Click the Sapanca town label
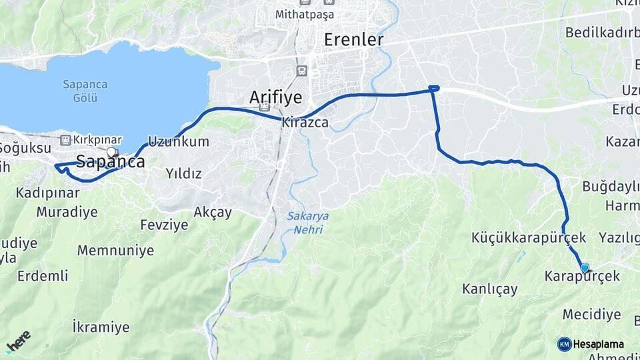coord(110,161)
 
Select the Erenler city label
coord(353,40)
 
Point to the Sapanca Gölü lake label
coord(81,91)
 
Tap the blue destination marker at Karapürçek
coord(585,268)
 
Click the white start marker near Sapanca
coord(111,152)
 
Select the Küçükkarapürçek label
coord(529,237)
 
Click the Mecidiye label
coord(591,314)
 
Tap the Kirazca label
coord(306,123)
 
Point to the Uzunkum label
coord(178,141)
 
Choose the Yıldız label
coord(183,173)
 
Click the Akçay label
coord(213,212)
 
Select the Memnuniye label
coord(115,251)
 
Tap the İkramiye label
coord(101,327)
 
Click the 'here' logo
coord(19,341)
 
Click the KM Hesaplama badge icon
coord(565,344)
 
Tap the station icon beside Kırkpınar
coord(65,140)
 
